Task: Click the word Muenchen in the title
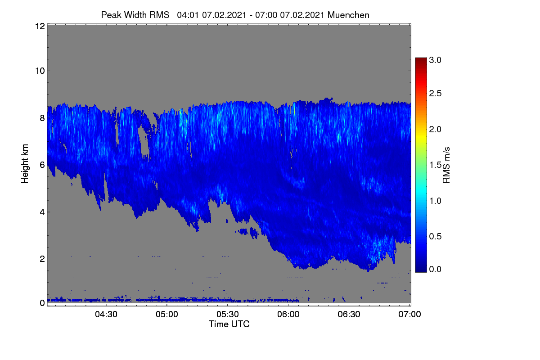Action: (348, 15)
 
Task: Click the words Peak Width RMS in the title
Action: (135, 15)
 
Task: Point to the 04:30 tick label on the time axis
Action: (106, 315)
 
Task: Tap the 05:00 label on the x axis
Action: (167, 315)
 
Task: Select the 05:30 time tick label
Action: (228, 315)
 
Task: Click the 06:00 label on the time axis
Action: (288, 315)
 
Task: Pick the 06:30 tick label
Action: (349, 315)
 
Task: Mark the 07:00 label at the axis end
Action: (409, 315)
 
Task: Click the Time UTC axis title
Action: (229, 324)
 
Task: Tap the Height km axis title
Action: (25, 164)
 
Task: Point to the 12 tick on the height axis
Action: (40, 26)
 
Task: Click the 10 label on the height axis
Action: (40, 71)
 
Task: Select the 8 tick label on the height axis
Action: (42, 118)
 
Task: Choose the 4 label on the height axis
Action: (42, 212)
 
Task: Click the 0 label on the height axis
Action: (42, 303)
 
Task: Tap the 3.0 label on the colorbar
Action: (435, 60)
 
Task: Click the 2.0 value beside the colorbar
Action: (435, 130)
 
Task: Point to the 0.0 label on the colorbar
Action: (435, 269)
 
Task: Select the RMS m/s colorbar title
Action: (446, 165)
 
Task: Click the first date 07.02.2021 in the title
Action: (224, 15)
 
